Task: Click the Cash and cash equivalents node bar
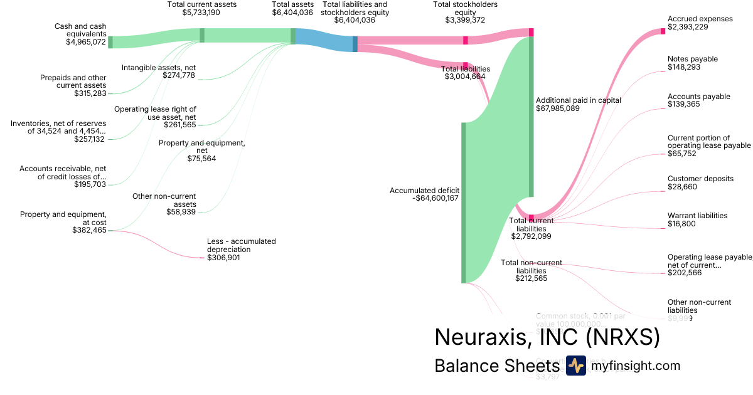(110, 42)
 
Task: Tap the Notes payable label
(693, 59)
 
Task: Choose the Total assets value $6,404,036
(292, 12)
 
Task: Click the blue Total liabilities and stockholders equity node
(355, 44)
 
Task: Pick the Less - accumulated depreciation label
(242, 245)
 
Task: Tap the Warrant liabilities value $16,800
(681, 224)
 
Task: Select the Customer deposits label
(700, 179)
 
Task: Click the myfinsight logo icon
(575, 366)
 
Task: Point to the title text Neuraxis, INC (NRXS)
(547, 337)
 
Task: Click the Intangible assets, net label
(159, 67)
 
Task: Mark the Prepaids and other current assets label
(73, 82)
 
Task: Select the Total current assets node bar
(202, 35)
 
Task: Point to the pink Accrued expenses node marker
(663, 31)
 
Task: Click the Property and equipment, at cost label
(63, 218)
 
